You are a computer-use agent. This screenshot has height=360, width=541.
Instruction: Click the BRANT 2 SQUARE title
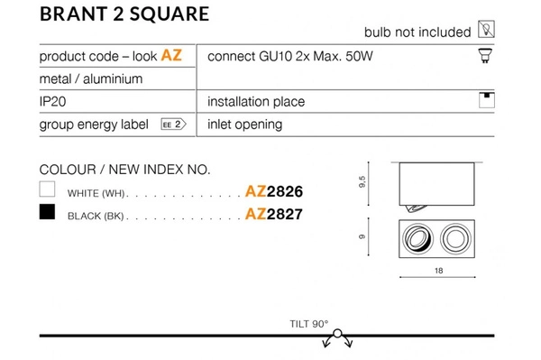124,14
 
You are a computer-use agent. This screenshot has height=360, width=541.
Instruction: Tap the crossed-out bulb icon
486,29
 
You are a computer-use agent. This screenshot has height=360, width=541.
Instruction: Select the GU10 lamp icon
485,56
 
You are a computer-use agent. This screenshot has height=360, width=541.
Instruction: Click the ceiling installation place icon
487,100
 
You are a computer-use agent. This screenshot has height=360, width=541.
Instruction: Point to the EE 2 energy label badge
173,125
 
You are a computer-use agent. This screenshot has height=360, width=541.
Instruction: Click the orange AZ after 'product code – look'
171,55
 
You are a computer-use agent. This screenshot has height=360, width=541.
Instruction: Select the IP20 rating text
53,101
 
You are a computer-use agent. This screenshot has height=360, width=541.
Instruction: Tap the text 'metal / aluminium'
91,79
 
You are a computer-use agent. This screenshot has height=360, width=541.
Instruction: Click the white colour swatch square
47,189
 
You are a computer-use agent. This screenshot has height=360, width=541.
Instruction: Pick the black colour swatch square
47,212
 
